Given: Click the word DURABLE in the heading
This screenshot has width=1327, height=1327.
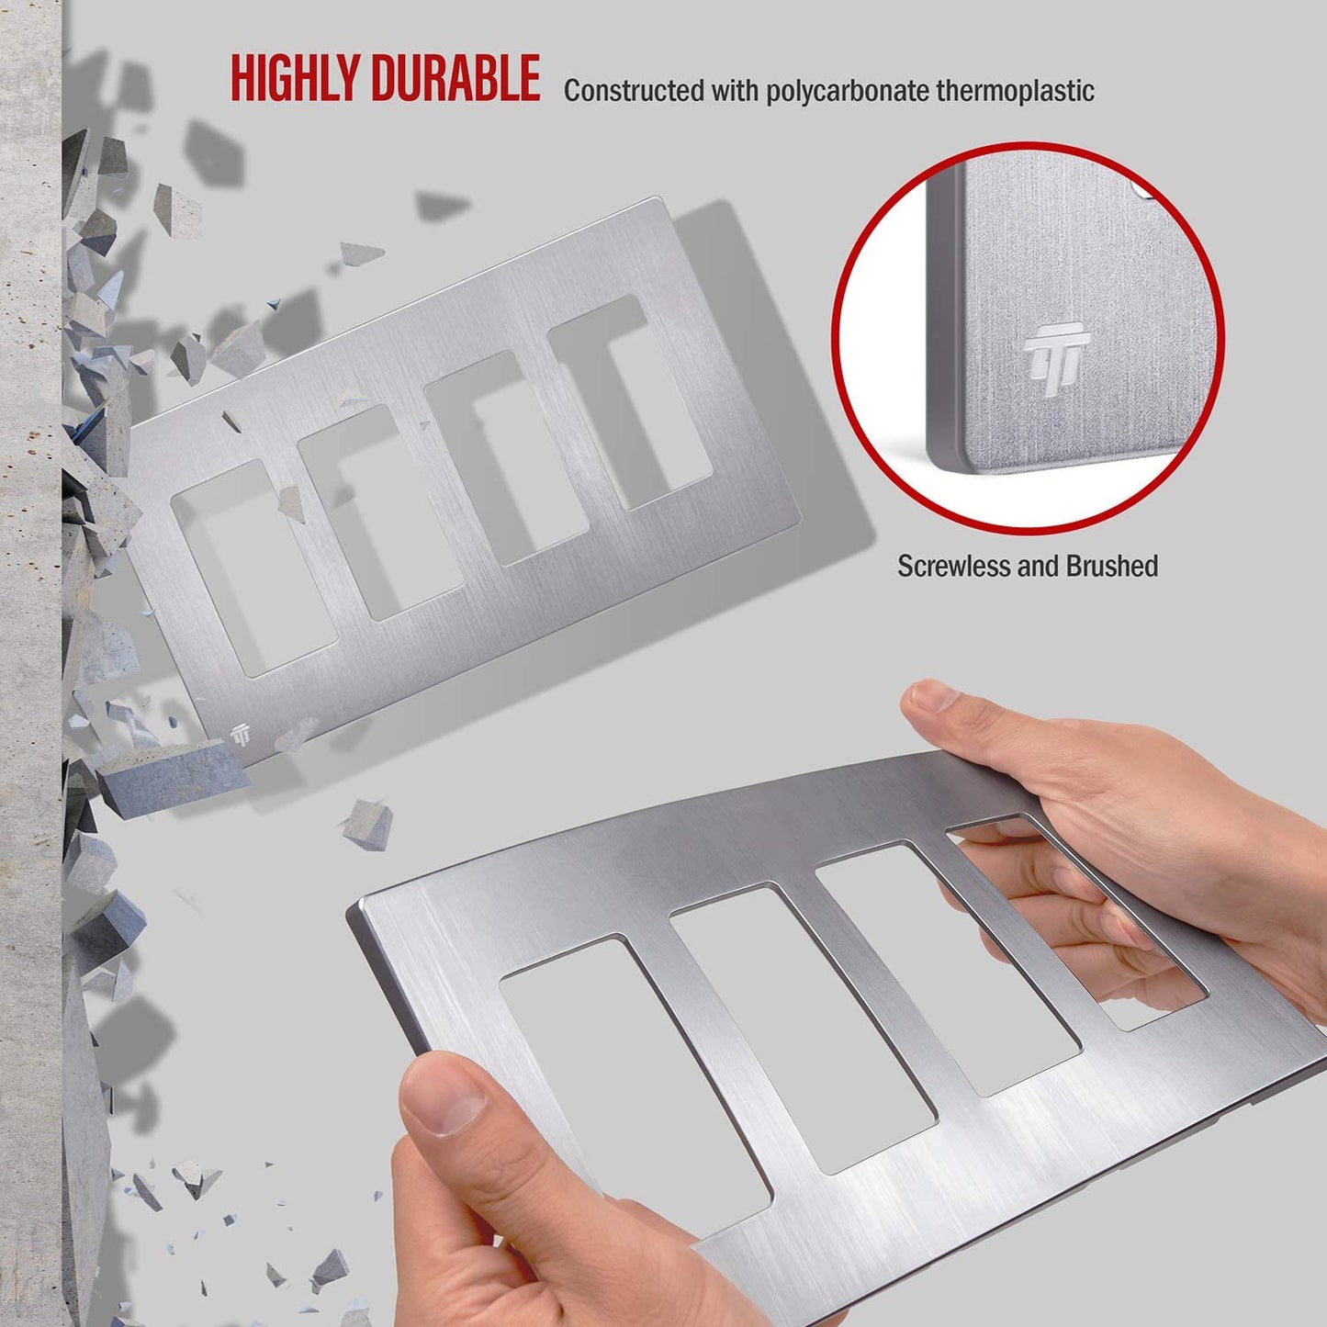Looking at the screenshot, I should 455,79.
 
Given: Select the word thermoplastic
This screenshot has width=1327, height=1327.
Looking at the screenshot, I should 1015,91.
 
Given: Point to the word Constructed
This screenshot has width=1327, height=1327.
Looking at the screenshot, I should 634,91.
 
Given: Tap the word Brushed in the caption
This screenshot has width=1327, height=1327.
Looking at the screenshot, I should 1112,566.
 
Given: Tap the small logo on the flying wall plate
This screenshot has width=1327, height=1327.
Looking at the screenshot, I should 241,736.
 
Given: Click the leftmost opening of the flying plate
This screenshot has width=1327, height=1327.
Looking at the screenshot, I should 254,569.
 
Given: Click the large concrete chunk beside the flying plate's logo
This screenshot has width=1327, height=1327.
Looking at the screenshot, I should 174,776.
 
